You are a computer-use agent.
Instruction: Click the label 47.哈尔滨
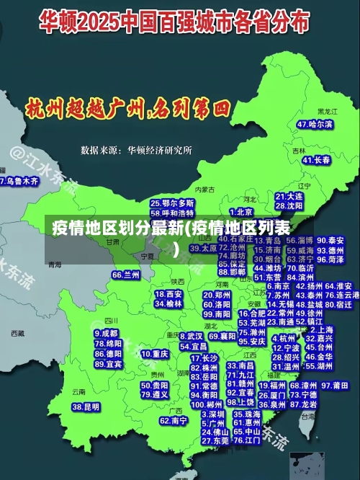click(315, 124)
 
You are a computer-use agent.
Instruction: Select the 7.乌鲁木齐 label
click(19, 182)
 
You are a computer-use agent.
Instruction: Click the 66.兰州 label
click(126, 275)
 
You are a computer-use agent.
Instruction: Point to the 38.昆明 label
click(86, 407)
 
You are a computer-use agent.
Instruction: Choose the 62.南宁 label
click(174, 420)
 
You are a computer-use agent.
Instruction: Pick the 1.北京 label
click(244, 212)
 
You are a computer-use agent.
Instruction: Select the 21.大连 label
click(289, 196)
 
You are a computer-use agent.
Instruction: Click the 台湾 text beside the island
click(308, 417)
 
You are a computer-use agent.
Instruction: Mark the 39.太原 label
click(203, 247)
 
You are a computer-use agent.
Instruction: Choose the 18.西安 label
click(168, 294)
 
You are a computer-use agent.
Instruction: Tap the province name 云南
click(78, 392)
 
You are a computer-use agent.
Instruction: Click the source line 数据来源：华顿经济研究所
click(136, 151)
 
